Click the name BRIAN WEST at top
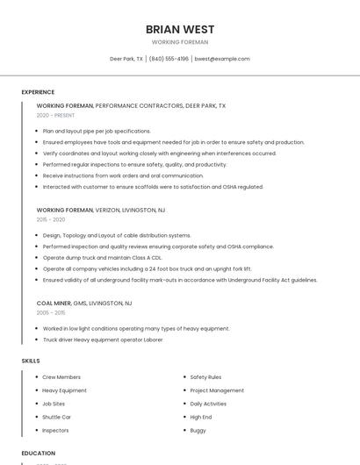click(180, 29)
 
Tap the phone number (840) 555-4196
click(169, 59)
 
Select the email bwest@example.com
click(222, 59)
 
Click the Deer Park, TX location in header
click(126, 59)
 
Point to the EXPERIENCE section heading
click(38, 92)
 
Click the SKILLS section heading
click(31, 361)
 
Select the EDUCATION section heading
click(38, 454)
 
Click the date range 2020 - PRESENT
click(55, 115)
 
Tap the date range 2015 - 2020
click(51, 219)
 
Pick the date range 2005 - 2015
click(51, 312)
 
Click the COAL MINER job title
click(54, 303)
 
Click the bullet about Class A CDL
click(102, 258)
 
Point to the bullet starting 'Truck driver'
click(103, 340)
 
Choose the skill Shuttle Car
click(56, 417)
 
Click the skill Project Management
click(217, 390)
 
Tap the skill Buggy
click(198, 430)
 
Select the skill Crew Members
click(61, 377)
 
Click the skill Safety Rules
click(205, 377)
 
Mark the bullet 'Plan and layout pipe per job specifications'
click(97, 131)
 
